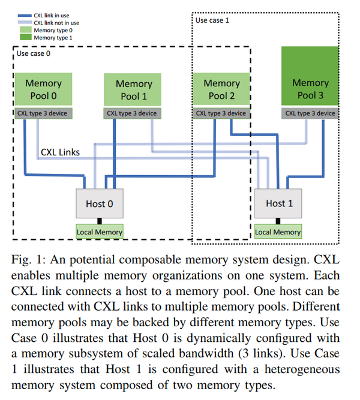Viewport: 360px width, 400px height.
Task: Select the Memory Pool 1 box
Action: [x=134, y=90]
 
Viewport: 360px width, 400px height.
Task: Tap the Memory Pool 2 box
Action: [x=221, y=89]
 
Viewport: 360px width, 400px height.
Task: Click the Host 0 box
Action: [x=99, y=203]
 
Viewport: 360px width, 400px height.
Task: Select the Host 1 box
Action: [x=279, y=203]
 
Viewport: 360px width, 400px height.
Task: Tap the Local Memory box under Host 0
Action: [x=99, y=231]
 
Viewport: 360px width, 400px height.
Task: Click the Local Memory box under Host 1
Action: [x=278, y=231]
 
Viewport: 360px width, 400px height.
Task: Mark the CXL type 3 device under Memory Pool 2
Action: [x=221, y=113]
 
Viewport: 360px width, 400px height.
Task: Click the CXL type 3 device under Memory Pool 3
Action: [x=310, y=113]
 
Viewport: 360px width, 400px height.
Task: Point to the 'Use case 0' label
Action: [x=34, y=54]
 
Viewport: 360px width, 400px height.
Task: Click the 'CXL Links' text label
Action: [x=60, y=152]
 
